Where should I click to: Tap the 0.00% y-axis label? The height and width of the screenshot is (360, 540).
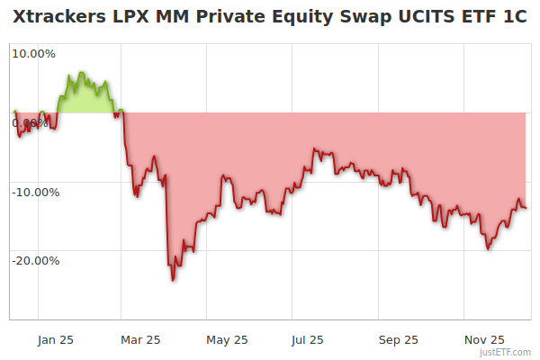[31, 122]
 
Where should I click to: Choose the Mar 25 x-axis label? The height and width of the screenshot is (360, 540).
[139, 339]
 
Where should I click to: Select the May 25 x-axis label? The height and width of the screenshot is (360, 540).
[227, 339]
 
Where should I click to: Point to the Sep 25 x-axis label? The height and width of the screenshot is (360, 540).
[398, 339]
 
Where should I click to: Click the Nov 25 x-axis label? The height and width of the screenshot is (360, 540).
[484, 339]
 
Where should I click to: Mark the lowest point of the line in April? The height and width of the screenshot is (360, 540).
[173, 280]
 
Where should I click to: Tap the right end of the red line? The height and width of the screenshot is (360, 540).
[526, 208]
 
